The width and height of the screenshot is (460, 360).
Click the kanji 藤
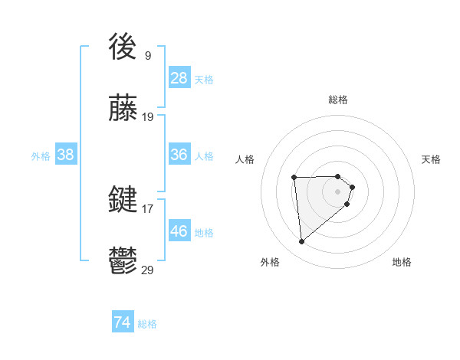pos(123,110)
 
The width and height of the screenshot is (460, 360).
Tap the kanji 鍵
pos(123,200)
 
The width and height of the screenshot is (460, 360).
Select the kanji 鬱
pos(123,262)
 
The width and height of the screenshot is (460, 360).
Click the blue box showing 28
pos(179,77)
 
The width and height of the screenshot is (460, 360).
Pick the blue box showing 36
pos(179,155)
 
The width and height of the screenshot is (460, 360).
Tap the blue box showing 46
pos(179,231)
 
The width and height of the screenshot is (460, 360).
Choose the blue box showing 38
pos(66,155)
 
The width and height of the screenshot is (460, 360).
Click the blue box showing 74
pos(123,322)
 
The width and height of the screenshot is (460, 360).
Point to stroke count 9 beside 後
pos(148,55)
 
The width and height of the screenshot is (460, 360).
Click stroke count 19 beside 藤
pos(148,117)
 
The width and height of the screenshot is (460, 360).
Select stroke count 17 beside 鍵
pos(148,208)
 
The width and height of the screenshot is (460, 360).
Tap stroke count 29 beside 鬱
pos(148,270)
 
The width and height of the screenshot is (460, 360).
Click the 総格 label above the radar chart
pos(338,100)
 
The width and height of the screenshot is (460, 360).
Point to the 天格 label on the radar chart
pos(431,159)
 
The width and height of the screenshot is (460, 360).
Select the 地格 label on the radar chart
pos(402,262)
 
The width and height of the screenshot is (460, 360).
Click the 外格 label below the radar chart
pos(270,262)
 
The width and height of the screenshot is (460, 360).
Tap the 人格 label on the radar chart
pos(245,159)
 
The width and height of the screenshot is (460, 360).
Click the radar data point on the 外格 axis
pos(302,242)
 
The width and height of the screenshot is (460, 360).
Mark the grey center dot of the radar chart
pos(338,191)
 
